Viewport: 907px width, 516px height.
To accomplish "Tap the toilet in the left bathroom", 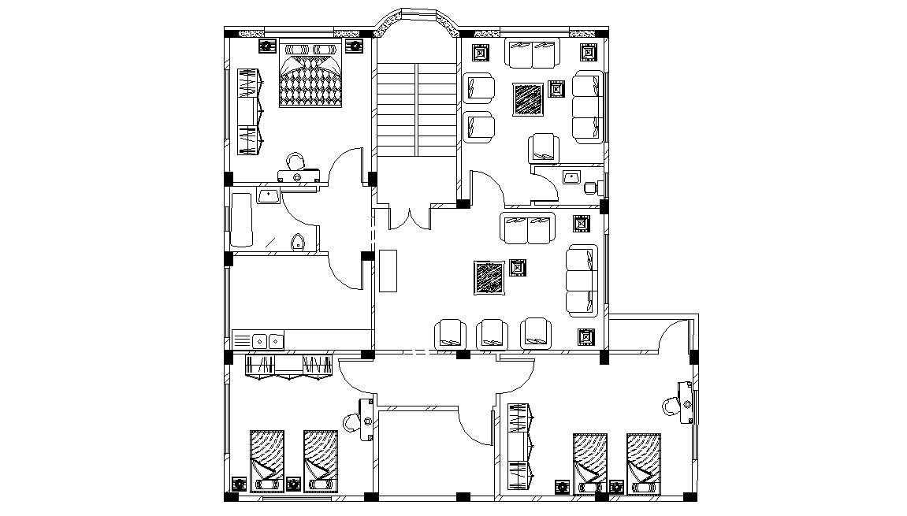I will coord(297,242).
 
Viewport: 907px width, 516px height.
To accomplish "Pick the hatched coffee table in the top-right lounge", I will coord(528,99).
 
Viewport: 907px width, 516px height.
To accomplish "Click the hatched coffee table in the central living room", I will coord(489,278).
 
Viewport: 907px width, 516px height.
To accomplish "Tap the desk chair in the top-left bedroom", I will coord(296,161).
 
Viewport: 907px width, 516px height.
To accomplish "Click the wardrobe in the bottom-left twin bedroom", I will coord(288,366).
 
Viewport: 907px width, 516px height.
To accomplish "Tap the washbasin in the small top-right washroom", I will coord(571,176).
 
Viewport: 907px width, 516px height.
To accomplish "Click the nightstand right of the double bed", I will coord(355,46).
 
